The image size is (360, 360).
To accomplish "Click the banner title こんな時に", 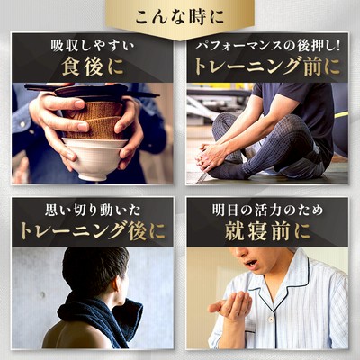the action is [179, 17].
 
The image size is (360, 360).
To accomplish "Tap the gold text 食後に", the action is [93, 67].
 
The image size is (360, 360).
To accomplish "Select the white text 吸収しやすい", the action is [93, 47].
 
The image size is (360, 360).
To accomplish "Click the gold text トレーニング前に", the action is [267, 67].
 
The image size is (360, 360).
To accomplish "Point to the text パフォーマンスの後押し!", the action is [267, 47].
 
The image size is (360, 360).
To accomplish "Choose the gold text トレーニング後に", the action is [93, 231].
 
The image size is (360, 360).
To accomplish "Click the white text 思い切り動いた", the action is [93, 211].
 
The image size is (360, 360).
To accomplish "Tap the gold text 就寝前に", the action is [267, 231].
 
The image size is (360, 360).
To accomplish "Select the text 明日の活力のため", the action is [267, 211].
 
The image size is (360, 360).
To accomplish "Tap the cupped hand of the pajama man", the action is [231, 304].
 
